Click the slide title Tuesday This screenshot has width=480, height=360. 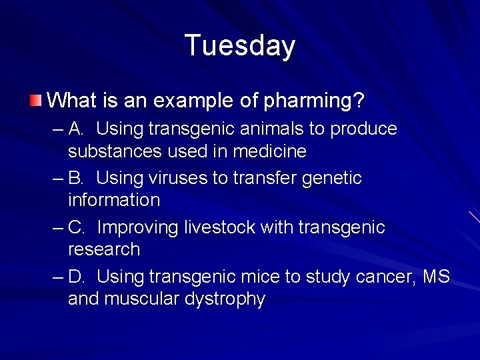(x=239, y=46)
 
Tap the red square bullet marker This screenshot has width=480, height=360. (x=35, y=101)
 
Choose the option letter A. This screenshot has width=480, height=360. (x=76, y=129)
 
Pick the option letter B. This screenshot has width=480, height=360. (x=76, y=178)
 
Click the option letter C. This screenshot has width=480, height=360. (x=76, y=227)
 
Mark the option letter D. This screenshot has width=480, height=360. (x=76, y=277)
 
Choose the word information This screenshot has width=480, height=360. (x=114, y=200)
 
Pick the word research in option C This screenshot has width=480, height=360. (x=104, y=249)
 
